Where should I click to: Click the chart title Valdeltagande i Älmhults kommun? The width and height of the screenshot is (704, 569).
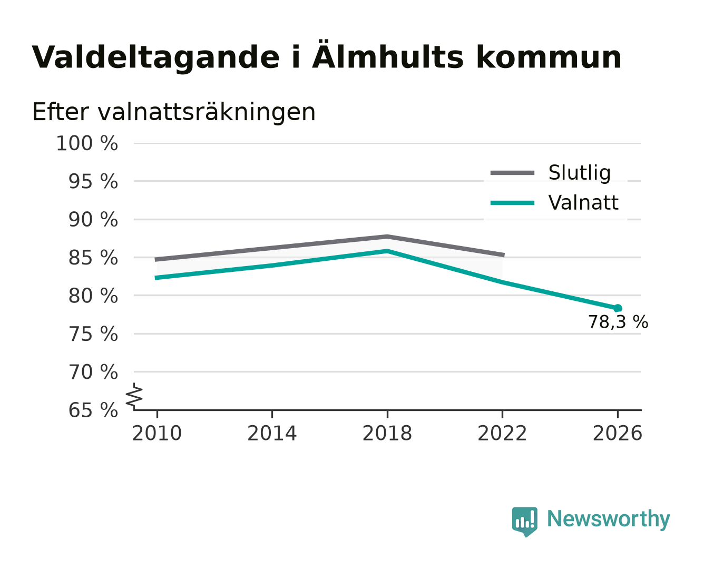click(x=327, y=56)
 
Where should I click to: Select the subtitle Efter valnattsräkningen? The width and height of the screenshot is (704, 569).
click(x=174, y=112)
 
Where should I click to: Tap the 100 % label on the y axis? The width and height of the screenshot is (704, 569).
click(x=87, y=144)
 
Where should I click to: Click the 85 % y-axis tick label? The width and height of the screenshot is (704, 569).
click(x=93, y=258)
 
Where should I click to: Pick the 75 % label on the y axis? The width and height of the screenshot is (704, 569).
click(x=93, y=334)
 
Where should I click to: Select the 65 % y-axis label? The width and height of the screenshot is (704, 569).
click(x=93, y=410)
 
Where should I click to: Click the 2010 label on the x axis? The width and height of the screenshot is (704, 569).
click(x=157, y=434)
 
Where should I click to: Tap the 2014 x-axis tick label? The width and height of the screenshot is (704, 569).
click(x=272, y=434)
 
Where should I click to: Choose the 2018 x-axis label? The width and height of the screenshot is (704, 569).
click(x=387, y=434)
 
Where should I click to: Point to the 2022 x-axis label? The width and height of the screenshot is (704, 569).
click(x=502, y=434)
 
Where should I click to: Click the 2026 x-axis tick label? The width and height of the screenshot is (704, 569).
click(x=618, y=434)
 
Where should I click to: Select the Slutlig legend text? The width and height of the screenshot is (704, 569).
click(x=580, y=173)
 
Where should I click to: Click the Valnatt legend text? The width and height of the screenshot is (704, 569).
click(x=583, y=202)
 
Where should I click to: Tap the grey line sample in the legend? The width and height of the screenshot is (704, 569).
click(x=512, y=173)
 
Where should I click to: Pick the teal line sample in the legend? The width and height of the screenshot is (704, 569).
click(x=512, y=203)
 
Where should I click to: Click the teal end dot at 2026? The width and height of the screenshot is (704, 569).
click(x=618, y=308)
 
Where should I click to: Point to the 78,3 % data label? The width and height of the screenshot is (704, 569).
click(x=618, y=322)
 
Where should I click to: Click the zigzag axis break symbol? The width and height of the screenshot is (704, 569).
click(x=134, y=396)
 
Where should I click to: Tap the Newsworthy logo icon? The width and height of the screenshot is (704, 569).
click(x=524, y=522)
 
